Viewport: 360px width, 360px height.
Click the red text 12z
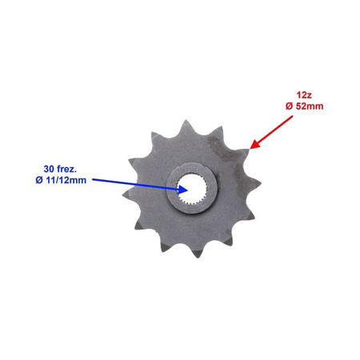304,95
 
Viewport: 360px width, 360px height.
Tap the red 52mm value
309,106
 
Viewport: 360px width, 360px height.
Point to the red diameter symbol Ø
289,106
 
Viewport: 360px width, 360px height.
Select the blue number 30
49,169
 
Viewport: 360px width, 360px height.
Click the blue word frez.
66,169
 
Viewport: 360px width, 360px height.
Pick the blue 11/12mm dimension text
66,180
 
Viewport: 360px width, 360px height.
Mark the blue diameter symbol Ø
39,180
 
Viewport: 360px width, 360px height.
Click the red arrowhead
255,144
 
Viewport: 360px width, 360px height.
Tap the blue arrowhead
183,190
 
